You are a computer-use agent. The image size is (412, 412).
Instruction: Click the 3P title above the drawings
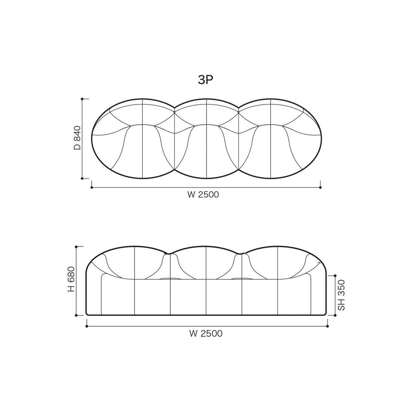pos(206,80)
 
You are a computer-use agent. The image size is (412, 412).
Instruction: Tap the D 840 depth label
pos(77,138)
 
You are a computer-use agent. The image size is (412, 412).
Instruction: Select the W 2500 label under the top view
pos(203,195)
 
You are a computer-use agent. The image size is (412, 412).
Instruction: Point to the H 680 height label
pos(71,279)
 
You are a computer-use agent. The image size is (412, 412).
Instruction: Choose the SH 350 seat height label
pos(341,295)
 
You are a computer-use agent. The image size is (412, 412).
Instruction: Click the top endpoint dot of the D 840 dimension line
pos(82,99)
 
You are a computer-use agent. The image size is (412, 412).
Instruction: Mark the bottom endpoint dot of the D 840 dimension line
pos(82,178)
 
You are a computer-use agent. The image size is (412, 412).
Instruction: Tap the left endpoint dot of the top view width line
pos(92,187)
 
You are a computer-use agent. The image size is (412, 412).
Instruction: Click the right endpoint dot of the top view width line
pos(320,187)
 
